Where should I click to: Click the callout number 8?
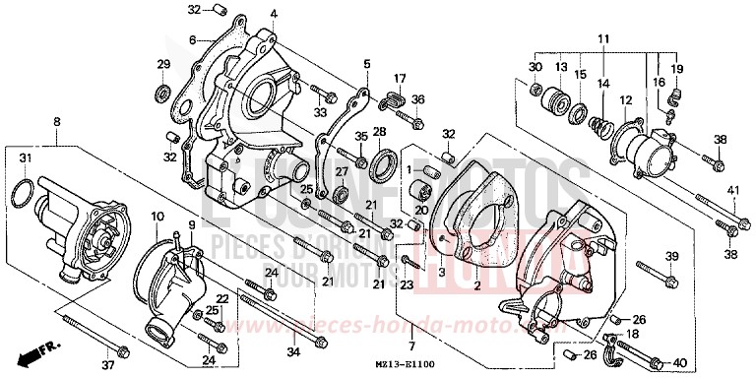[56, 121]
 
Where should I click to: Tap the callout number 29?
[162, 64]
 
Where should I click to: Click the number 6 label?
[195, 40]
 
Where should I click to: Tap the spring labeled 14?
[598, 123]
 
